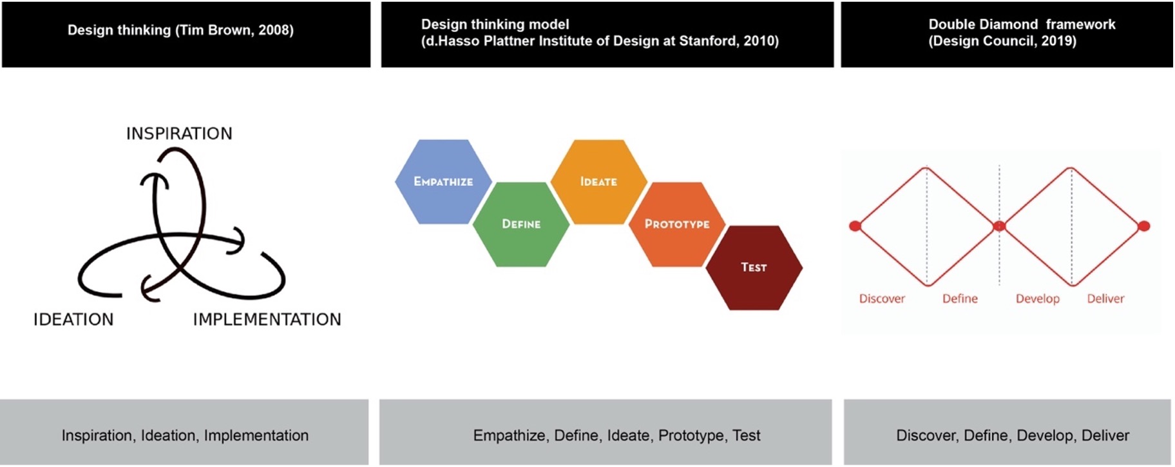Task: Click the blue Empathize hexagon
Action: (x=443, y=182)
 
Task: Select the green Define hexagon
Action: (x=521, y=224)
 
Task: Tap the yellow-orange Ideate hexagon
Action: (x=599, y=182)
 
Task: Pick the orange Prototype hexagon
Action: (x=677, y=224)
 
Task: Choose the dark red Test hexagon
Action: (x=754, y=268)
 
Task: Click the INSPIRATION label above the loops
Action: (x=179, y=134)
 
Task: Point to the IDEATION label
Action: (x=73, y=319)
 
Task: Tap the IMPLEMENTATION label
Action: (x=267, y=319)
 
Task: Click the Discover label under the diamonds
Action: (x=882, y=299)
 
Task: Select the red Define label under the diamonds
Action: (x=960, y=299)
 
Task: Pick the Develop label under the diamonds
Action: (x=1038, y=299)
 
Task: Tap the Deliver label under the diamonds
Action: (x=1105, y=299)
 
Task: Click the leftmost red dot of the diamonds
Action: (x=855, y=226)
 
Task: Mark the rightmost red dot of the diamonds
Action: (x=1144, y=226)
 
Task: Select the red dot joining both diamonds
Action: (x=999, y=226)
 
